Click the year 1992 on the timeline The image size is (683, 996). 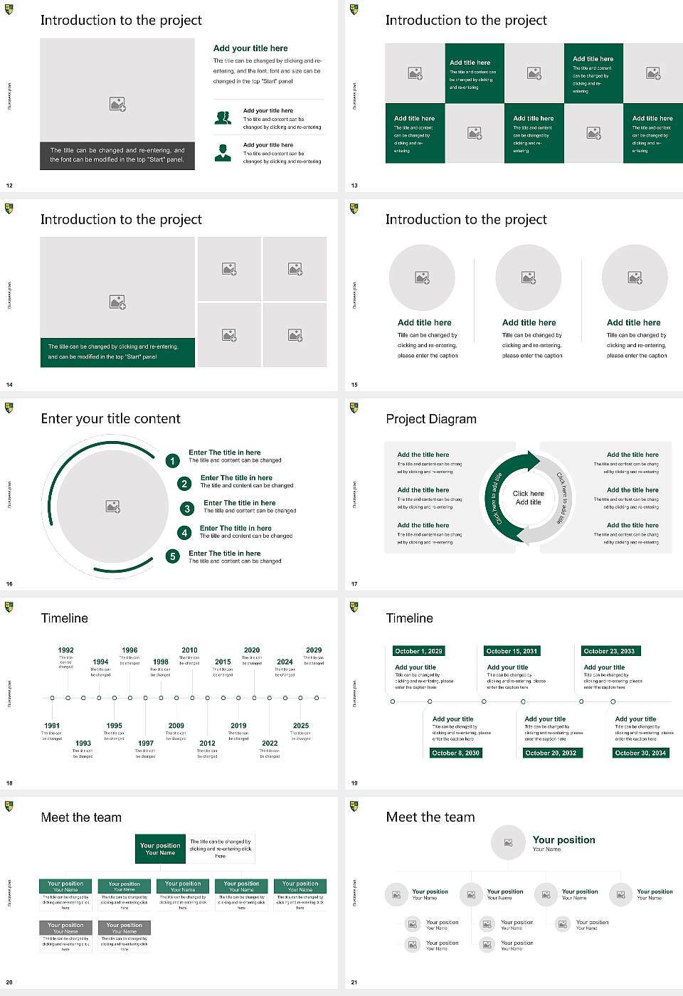click(65, 650)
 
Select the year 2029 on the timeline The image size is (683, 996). click(314, 650)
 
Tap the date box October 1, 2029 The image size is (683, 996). click(418, 651)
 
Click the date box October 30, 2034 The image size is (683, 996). click(640, 753)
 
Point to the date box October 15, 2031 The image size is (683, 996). click(512, 651)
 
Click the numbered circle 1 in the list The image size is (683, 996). click(172, 461)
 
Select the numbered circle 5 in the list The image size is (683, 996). click(172, 556)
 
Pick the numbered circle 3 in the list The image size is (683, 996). click(187, 509)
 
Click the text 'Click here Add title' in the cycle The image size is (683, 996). click(528, 497)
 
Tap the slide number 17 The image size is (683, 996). click(354, 584)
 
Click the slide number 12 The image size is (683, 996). click(9, 186)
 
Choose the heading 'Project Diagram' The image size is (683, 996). click(431, 419)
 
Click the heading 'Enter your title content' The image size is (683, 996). click(110, 419)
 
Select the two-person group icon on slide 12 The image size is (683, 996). click(223, 118)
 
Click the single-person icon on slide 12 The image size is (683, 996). click(223, 152)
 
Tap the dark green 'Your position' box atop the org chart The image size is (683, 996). click(160, 849)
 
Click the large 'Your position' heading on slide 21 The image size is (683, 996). click(563, 840)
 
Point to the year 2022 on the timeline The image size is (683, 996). click(270, 743)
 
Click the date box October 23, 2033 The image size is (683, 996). click(609, 651)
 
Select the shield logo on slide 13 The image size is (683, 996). click(354, 9)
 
